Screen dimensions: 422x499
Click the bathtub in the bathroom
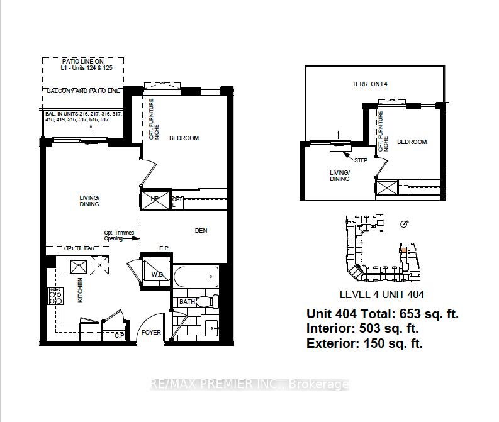click(196, 277)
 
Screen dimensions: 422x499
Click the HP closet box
click(154, 200)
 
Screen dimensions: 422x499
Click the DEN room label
click(201, 231)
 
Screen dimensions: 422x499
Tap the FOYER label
click(150, 332)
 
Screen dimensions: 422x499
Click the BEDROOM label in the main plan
click(184, 138)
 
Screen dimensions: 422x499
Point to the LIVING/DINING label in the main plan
click(89, 201)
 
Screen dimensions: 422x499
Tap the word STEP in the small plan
click(361, 160)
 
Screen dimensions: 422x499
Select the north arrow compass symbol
click(405, 224)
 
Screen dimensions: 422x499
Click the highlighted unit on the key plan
click(402, 249)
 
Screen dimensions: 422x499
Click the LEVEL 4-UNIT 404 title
click(381, 294)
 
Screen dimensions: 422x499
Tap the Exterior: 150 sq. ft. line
click(364, 343)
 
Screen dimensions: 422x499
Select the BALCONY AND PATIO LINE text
click(84, 91)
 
